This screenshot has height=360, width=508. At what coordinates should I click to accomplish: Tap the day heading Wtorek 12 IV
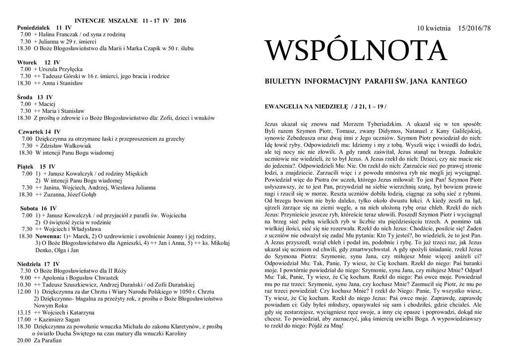point(39,62)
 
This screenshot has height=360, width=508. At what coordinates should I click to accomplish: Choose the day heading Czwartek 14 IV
point(39,132)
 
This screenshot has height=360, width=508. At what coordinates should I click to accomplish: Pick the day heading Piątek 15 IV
point(38,166)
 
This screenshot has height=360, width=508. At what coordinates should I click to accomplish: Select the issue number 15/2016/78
point(474,28)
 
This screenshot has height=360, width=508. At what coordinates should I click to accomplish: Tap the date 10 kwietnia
point(434,28)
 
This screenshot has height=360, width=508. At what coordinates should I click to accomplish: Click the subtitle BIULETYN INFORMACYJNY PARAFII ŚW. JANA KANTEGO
point(366,81)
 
